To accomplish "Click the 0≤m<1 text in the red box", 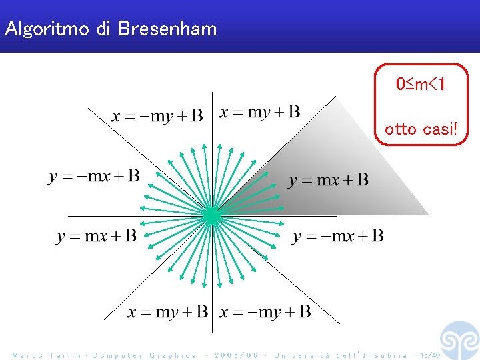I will coord(421,85).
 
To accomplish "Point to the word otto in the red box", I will coord(401,129).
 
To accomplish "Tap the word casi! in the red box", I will coord(440,129).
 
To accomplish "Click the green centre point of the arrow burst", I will coord(211,215).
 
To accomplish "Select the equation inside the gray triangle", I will coord(328,180).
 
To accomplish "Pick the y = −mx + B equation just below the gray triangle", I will coord(338,236).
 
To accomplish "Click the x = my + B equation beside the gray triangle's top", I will coord(260,112).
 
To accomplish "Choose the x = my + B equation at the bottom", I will coord(167,312).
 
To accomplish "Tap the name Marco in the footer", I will coord(27,355).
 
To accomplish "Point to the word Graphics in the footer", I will coord(173,355).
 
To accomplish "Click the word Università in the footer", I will coord(301,355).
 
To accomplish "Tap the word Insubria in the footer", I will coord(383,355).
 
